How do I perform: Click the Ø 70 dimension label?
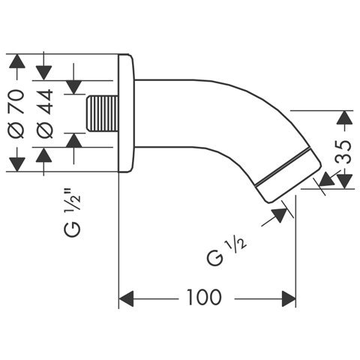(17, 114)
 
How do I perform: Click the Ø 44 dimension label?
(44, 114)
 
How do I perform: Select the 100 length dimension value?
(204, 297)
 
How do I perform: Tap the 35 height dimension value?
(343, 151)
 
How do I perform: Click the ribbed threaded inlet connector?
(102, 114)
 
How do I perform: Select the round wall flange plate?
(127, 113)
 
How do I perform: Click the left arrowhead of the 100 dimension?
(126, 298)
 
